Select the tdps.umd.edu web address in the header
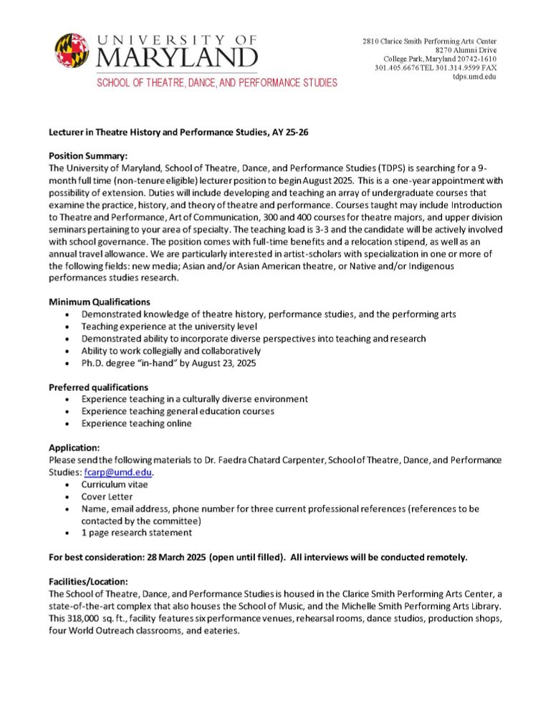point(474,77)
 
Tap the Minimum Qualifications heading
point(100,301)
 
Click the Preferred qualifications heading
point(98,387)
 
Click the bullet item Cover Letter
point(107,496)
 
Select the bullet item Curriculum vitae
point(115,484)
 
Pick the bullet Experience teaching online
point(136,423)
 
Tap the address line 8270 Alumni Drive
point(466,49)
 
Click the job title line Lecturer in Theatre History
point(178,132)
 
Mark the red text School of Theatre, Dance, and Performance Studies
point(217,83)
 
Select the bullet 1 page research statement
point(136,533)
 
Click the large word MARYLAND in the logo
point(177,56)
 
